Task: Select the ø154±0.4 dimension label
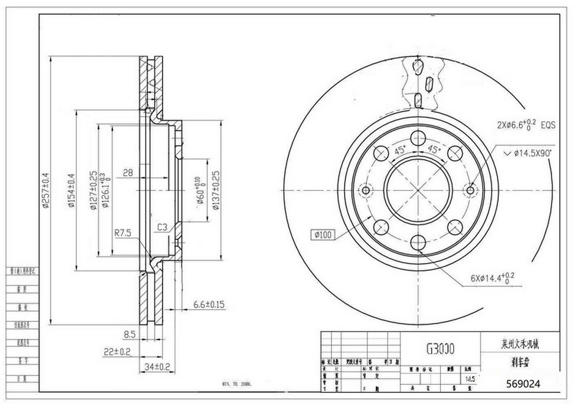coord(70,191)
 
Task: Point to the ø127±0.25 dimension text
coord(93,190)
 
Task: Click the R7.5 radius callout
coord(122,233)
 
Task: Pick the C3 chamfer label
coord(162,228)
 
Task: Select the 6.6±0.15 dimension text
coord(209,305)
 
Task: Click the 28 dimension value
coord(128,172)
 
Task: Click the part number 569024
coord(522,383)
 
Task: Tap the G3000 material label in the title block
coord(440,349)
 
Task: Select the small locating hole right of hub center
coord(470,190)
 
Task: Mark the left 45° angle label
coord(400,151)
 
